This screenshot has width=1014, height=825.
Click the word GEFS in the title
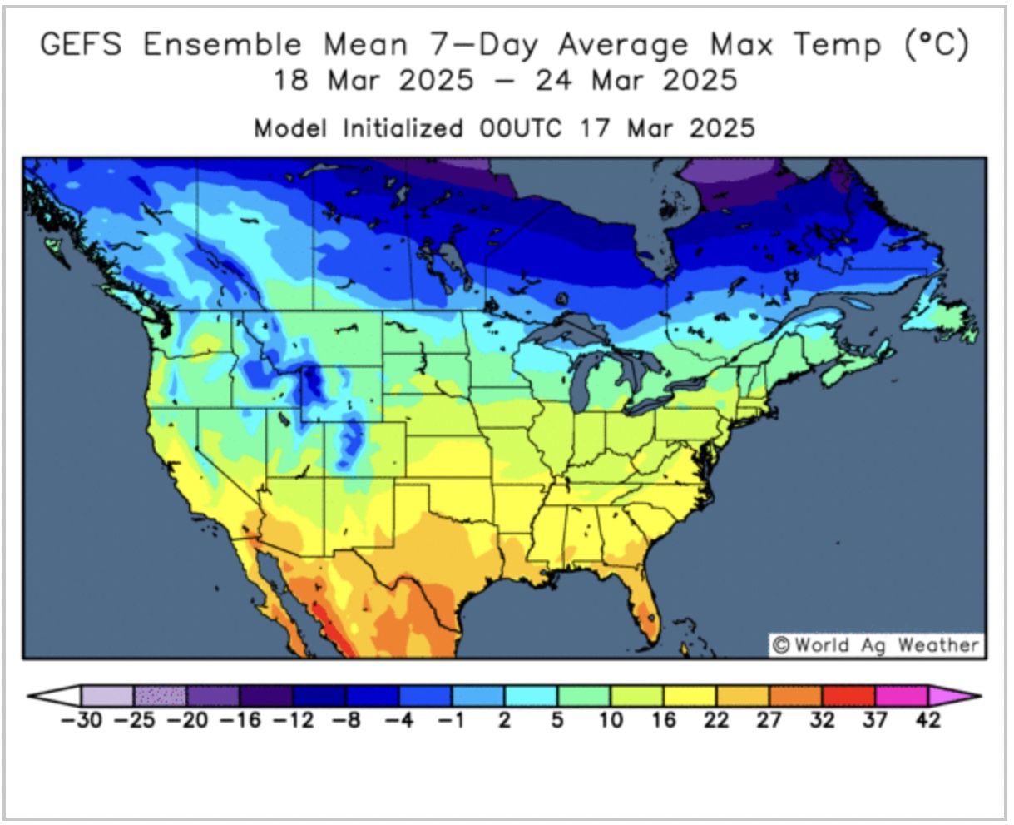point(82,44)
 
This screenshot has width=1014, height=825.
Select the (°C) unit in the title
point(937,44)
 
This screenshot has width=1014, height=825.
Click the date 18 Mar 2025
point(373,81)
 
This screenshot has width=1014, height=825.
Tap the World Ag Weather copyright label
point(875,645)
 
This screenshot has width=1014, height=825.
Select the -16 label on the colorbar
point(240,720)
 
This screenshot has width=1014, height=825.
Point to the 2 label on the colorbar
point(504,720)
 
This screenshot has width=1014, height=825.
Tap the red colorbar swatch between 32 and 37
point(848,696)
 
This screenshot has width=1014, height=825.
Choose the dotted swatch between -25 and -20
point(161,696)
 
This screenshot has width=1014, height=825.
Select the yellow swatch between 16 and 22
point(690,696)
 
